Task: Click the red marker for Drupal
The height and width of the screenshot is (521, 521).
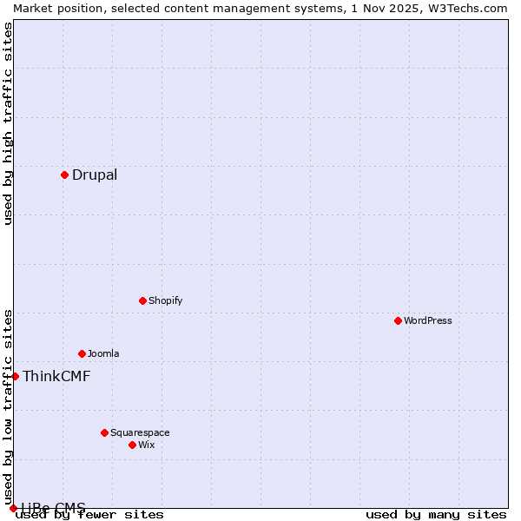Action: point(64,175)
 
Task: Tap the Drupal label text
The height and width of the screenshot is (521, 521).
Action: point(95,175)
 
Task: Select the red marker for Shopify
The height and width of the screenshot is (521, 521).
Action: point(142,300)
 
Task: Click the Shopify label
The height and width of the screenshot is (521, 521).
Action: point(165,300)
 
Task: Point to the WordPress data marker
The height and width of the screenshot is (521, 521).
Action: point(398,320)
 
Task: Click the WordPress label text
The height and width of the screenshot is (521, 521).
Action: point(428,320)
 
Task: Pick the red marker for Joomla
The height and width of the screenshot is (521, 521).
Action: point(82,353)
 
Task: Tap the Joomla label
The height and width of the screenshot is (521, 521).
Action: point(103,353)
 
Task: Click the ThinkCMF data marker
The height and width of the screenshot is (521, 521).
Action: point(15,376)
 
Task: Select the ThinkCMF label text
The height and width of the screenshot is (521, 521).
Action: point(56,376)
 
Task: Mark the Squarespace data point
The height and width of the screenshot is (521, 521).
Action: point(104,432)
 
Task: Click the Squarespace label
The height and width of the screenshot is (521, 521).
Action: point(140,432)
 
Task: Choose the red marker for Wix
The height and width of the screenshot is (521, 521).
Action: point(132,445)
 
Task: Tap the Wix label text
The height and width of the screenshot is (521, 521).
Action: point(147,445)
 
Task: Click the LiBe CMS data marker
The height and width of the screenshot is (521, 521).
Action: point(13,508)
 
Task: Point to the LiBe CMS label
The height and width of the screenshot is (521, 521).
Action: point(54,507)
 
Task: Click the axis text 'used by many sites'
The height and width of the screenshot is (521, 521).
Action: point(436,515)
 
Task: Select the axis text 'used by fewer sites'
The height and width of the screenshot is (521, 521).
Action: point(90,515)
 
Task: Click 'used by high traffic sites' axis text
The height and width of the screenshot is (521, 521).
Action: point(9,123)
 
